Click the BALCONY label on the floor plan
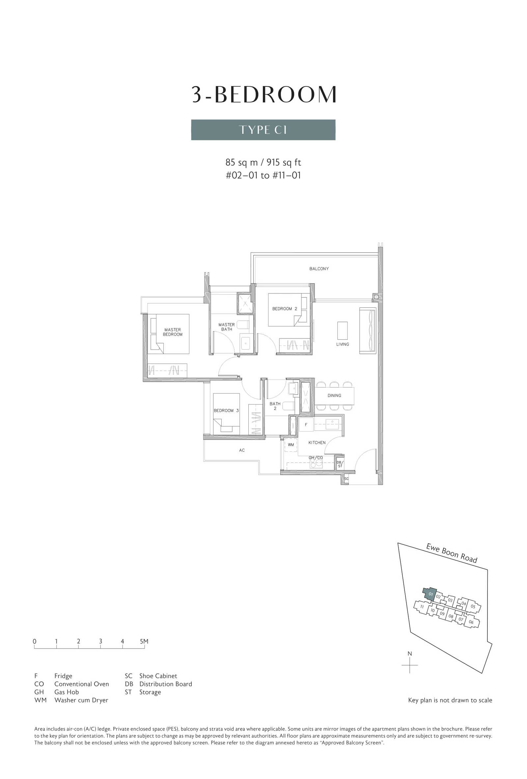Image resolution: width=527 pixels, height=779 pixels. tap(319, 269)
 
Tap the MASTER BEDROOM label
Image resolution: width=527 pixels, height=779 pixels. tap(173, 332)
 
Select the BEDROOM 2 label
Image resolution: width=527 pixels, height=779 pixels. tap(285, 309)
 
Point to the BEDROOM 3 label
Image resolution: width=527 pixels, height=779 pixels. tap(226, 410)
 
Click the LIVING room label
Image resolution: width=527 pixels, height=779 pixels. tap(343, 344)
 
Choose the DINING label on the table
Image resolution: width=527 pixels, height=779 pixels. tap(334, 395)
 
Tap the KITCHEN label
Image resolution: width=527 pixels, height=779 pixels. tap(317, 443)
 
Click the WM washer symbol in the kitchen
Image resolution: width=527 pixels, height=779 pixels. tap(291, 445)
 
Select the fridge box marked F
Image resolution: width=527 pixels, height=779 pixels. tap(306, 424)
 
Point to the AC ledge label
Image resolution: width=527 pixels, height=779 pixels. tap(241, 450)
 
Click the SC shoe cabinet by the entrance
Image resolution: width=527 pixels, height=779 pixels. tap(346, 479)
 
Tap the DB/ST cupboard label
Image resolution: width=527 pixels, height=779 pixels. tap(340, 464)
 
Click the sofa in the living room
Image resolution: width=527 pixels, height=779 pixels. tap(368, 330)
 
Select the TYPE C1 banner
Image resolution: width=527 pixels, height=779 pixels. tap(263, 130)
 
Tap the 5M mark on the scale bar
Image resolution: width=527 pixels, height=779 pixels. tap(144, 641)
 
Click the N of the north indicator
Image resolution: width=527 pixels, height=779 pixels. tap(409, 654)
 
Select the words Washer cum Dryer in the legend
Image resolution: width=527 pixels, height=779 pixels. tap(81, 700)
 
